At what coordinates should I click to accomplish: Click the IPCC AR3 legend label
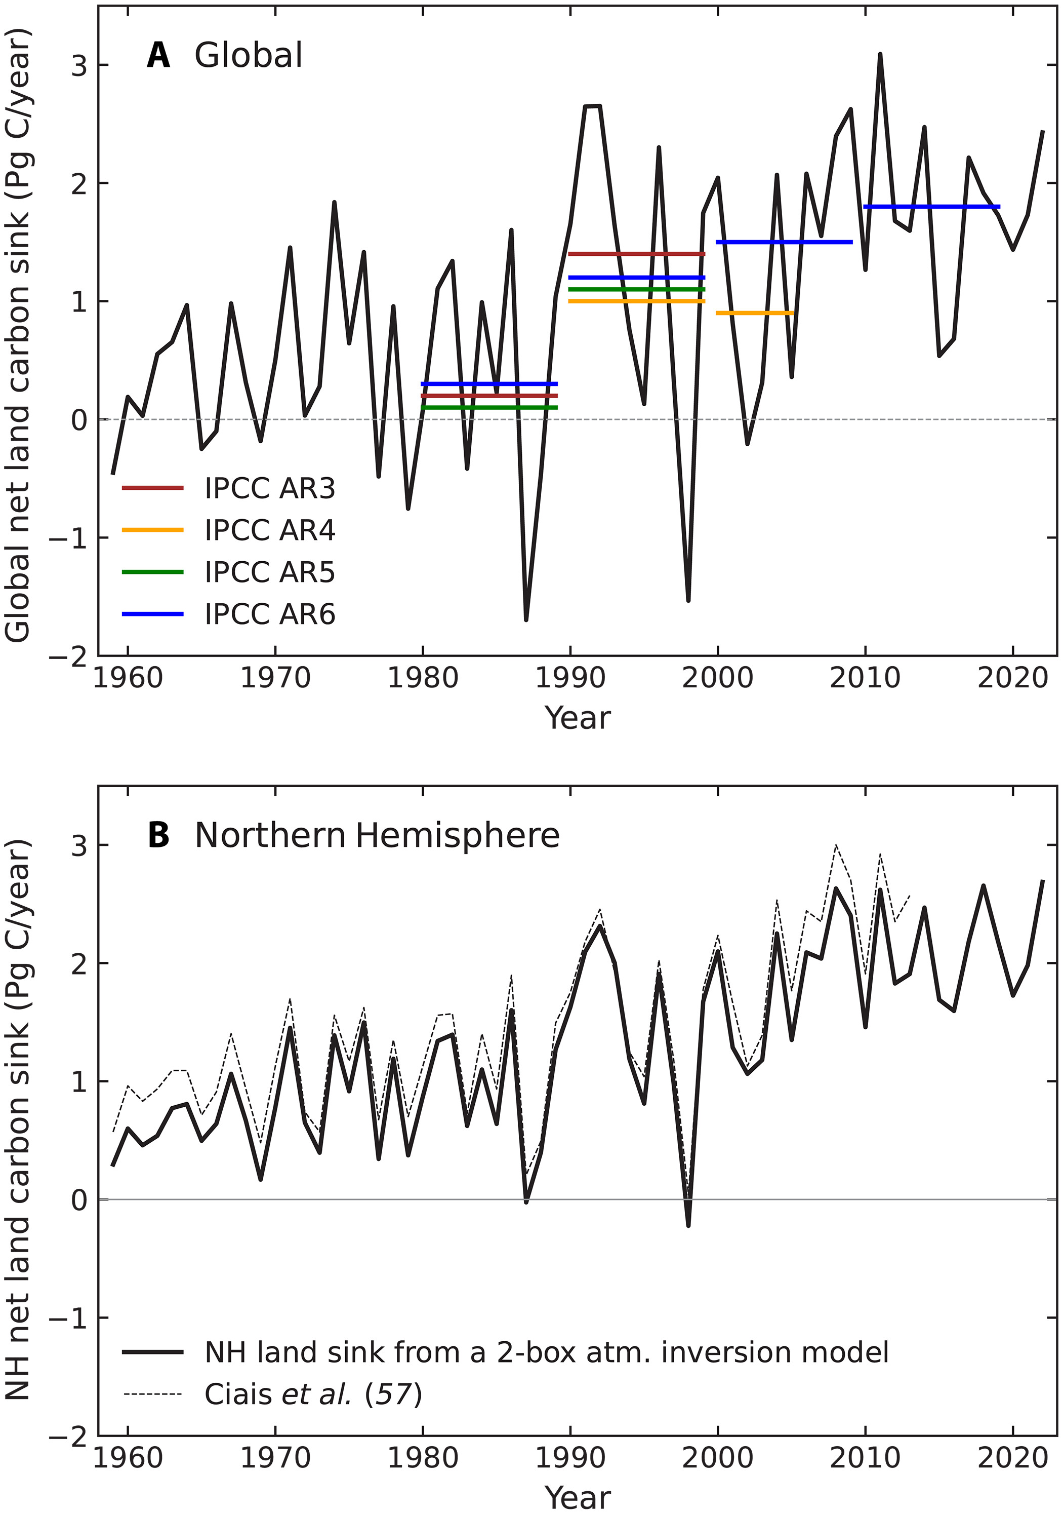[x=269, y=488]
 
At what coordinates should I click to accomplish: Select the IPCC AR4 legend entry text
[x=269, y=530]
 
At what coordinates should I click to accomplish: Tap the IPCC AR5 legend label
[x=269, y=572]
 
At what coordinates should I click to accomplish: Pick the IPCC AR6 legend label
[x=269, y=614]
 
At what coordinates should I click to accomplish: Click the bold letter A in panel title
[x=158, y=55]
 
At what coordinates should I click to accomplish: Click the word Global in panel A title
[x=249, y=55]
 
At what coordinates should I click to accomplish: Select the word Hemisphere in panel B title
[x=457, y=836]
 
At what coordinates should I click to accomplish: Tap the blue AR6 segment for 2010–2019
[x=931, y=207]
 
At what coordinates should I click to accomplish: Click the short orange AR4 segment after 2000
[x=754, y=313]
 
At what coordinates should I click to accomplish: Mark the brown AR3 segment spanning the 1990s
[x=636, y=254]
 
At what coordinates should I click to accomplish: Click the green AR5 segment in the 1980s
[x=488, y=408]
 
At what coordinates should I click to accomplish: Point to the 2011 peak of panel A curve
[x=880, y=55]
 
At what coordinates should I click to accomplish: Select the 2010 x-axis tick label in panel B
[x=865, y=1458]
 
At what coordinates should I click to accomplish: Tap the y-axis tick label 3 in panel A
[x=79, y=65]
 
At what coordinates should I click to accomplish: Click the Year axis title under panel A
[x=577, y=718]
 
